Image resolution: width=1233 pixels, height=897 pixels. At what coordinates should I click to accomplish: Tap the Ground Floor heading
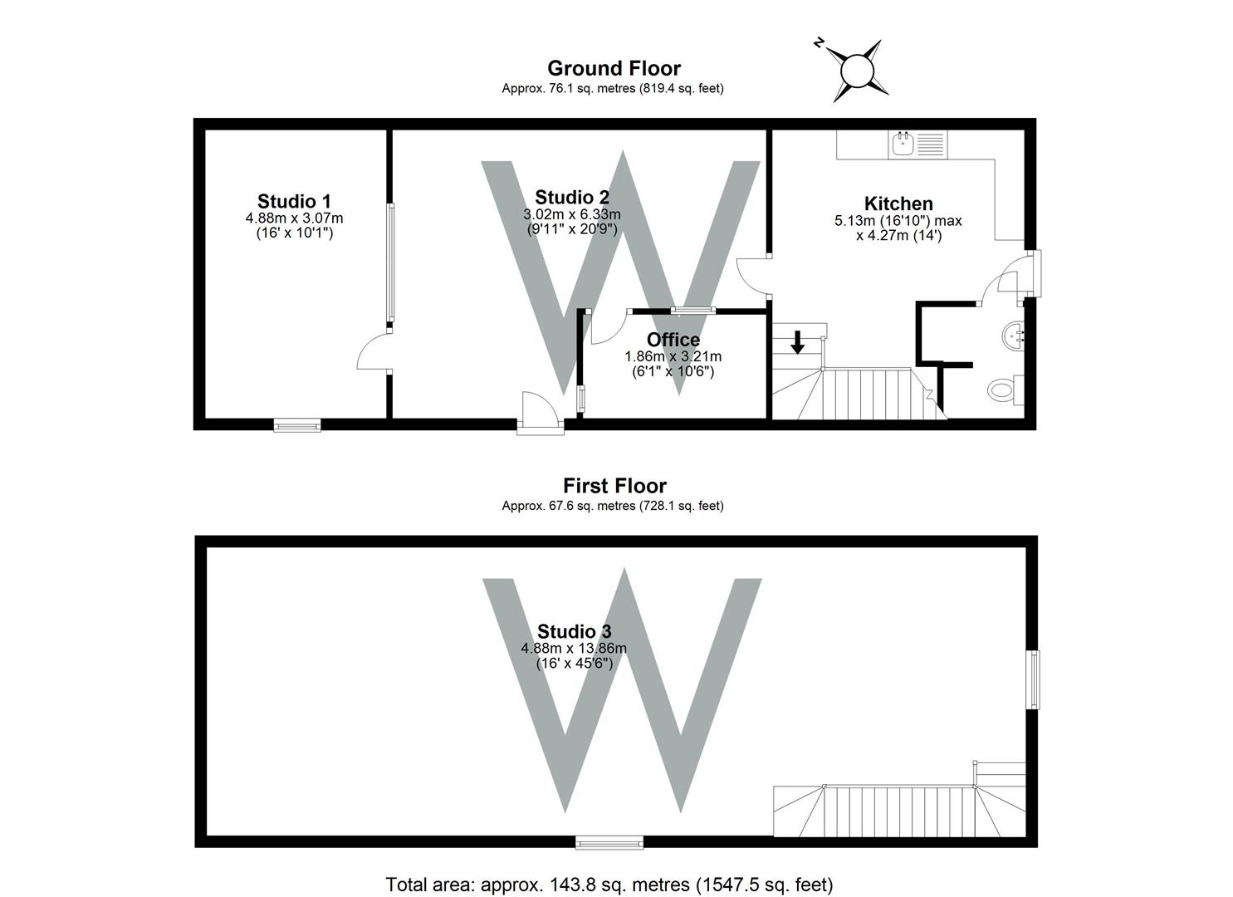click(614, 68)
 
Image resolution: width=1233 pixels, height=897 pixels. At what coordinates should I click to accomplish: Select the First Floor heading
click(614, 486)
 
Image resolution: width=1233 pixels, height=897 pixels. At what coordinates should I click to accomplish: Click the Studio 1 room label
click(294, 201)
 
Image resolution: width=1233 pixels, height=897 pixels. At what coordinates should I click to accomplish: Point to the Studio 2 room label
click(572, 198)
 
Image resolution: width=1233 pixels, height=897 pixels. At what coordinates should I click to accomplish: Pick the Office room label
click(673, 340)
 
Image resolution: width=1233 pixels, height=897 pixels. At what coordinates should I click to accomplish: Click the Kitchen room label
click(898, 203)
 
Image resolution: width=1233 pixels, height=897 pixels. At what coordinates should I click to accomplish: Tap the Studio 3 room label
click(574, 631)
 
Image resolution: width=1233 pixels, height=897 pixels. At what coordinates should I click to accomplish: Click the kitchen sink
click(903, 145)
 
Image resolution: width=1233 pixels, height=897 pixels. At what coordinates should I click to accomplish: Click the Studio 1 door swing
click(374, 353)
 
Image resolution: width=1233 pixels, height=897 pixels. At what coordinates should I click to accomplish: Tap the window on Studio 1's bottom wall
click(297, 426)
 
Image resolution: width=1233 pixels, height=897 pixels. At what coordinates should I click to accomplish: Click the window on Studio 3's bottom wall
click(609, 843)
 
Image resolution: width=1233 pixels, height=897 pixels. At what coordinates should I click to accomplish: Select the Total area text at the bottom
click(609, 884)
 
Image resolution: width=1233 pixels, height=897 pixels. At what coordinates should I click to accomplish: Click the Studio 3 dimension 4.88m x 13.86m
click(573, 649)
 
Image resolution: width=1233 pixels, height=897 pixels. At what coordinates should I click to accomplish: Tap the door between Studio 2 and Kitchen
click(752, 276)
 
